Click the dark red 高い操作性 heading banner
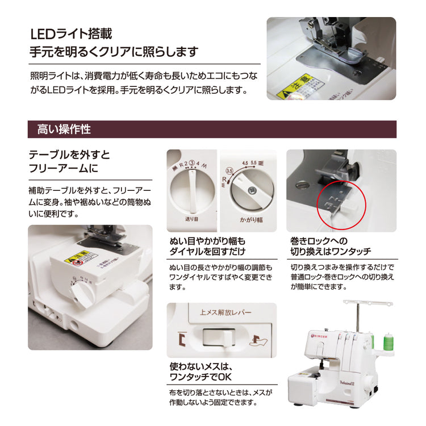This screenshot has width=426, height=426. click(x=212, y=129)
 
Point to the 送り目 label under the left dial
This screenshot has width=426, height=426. click(x=191, y=218)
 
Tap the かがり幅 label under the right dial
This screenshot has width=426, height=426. click(x=248, y=218)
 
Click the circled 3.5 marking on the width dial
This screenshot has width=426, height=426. click(x=229, y=170)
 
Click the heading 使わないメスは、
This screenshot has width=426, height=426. click(x=202, y=367)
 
